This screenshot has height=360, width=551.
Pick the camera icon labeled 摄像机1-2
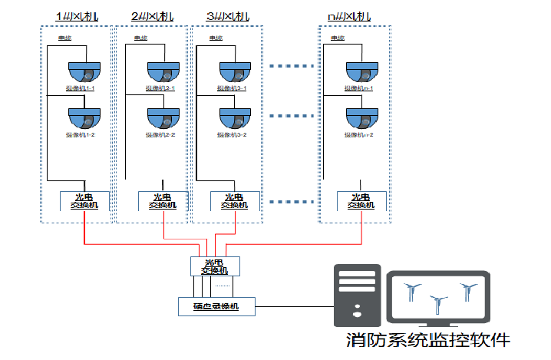(x=84, y=118)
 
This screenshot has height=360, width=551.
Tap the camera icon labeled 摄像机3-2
(x=236, y=118)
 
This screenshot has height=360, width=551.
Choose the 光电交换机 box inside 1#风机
(x=84, y=200)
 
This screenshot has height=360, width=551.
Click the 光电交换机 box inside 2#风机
(x=163, y=200)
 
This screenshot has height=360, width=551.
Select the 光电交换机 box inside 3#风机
(x=235, y=200)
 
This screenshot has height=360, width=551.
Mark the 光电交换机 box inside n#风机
(x=361, y=200)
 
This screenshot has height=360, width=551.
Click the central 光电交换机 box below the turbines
(x=215, y=266)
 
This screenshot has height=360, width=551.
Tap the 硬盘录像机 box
(x=215, y=306)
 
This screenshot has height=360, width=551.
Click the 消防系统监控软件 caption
(x=427, y=339)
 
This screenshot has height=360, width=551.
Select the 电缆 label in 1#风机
(x=64, y=38)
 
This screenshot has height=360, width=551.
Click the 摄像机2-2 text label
(x=160, y=135)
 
